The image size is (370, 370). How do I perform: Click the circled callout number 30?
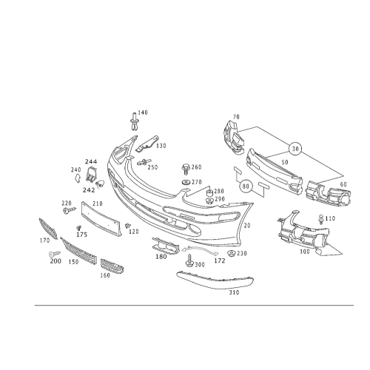295,149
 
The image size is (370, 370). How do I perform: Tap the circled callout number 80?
246,186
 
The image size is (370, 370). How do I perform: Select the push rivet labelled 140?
134,121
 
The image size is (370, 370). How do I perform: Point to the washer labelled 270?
186,183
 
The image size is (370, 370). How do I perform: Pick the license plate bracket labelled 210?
101,219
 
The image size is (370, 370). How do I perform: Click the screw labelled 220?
69,210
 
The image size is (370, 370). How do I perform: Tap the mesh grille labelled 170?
48,229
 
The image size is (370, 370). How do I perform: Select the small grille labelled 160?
112,266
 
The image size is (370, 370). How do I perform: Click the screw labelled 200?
55,254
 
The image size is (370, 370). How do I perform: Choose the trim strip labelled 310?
215,280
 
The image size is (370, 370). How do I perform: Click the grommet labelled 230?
232,253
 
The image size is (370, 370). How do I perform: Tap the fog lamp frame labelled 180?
166,246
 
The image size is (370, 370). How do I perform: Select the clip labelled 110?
321,219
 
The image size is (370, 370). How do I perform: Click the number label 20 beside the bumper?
246,226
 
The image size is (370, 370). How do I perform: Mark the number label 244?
91,161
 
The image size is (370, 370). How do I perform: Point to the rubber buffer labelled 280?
209,192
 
